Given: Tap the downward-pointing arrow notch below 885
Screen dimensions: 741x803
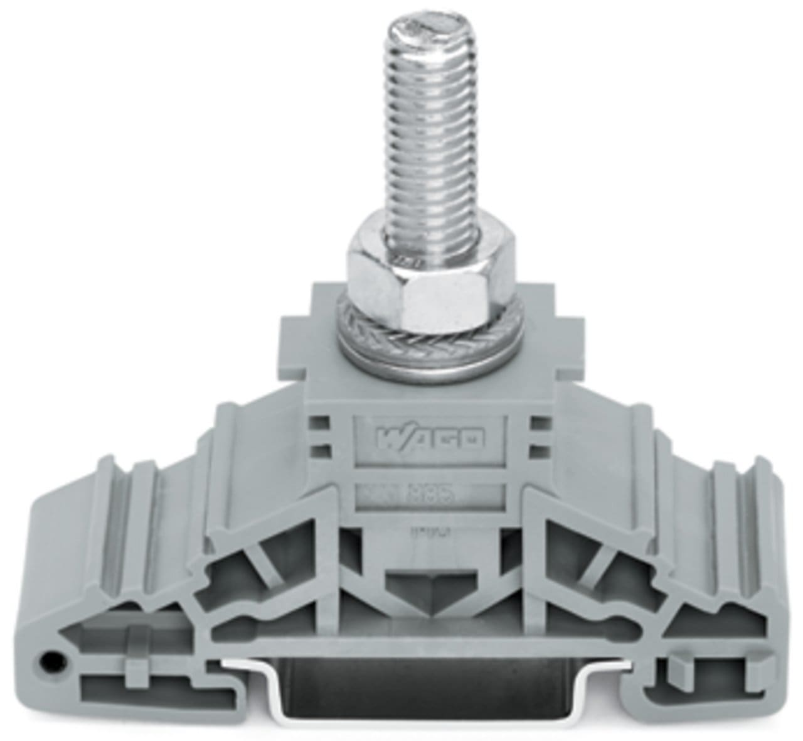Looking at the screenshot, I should pyautogui.click(x=430, y=588).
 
